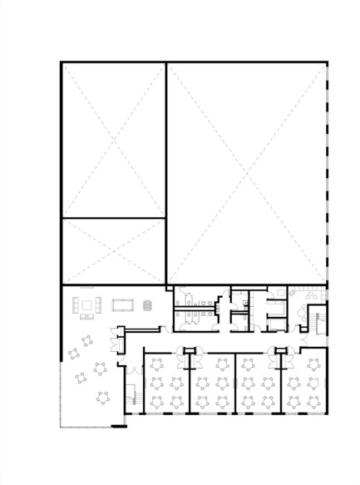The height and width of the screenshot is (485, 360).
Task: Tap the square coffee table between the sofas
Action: point(87,304)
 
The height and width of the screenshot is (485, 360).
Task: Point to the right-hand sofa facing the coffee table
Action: point(99,304)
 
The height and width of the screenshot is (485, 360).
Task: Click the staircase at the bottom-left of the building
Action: point(131,396)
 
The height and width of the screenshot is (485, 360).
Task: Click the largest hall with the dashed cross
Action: point(246,173)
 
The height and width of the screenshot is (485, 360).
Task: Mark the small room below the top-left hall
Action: point(114,250)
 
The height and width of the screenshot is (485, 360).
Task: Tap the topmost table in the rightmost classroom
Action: point(313,363)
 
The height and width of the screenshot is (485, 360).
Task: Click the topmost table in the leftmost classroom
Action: point(156,363)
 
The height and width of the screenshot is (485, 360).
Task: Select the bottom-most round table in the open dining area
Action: point(103,396)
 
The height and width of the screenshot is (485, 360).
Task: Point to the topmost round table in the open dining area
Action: point(86,339)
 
